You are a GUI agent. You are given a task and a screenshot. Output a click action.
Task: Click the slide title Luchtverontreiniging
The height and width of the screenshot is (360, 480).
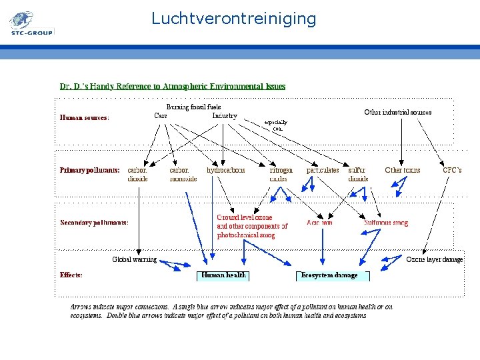click(233, 18)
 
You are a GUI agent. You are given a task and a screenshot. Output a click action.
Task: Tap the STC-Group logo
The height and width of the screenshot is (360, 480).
click(31, 24)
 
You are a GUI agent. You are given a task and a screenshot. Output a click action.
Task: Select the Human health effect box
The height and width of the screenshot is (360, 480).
click(224, 275)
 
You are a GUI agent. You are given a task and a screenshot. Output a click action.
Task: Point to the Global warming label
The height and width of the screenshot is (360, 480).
click(134, 259)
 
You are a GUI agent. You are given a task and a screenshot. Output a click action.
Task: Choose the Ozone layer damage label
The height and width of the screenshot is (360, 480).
click(434, 259)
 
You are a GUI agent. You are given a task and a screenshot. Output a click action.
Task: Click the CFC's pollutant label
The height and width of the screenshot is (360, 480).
click(451, 170)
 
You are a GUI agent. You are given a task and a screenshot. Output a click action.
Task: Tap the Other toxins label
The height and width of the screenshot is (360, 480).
click(403, 170)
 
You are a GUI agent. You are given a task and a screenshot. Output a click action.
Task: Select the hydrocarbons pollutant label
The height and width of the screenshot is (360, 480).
click(225, 170)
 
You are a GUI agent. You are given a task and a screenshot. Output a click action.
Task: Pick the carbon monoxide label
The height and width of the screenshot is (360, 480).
click(183, 175)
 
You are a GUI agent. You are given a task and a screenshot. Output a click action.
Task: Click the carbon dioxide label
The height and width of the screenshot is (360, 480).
click(137, 175)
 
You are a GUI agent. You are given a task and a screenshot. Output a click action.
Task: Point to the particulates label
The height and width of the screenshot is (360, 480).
click(323, 170)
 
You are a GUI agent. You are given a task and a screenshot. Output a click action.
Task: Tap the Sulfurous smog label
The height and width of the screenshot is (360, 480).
click(386, 223)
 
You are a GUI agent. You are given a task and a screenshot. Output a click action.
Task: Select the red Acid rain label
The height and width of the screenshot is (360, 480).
click(319, 223)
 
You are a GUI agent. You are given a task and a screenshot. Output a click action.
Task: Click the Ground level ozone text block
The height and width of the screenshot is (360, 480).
click(252, 226)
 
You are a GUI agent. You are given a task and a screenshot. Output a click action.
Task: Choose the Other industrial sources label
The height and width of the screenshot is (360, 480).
click(397, 112)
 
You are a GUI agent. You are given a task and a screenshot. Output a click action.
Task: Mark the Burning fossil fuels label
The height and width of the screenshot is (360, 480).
click(193, 107)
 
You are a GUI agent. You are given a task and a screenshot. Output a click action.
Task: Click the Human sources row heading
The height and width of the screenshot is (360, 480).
click(85, 117)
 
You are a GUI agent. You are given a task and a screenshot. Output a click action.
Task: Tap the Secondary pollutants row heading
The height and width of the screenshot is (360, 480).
click(94, 223)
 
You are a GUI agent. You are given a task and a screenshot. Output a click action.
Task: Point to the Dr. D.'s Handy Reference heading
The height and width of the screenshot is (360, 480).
click(173, 86)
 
